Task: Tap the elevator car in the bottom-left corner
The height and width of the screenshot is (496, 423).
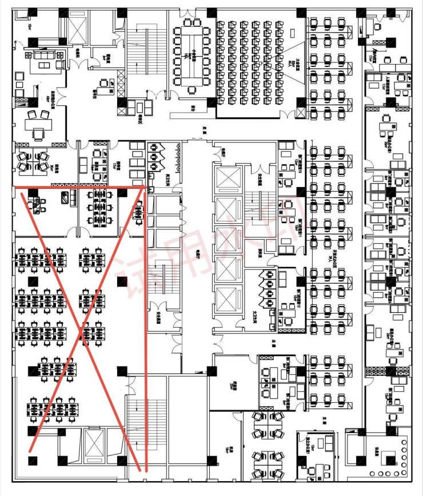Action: pyautogui.click(x=93, y=443)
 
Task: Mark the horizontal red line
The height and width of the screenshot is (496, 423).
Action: pyautogui.click(x=79, y=187)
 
